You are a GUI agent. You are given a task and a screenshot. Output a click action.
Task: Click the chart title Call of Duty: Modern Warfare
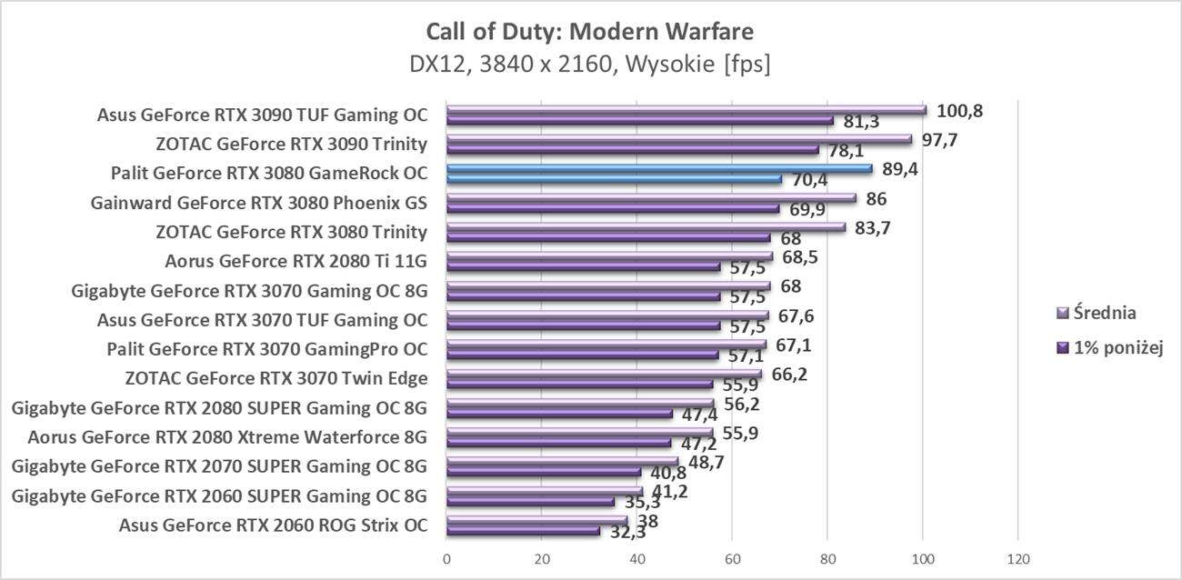(x=589, y=32)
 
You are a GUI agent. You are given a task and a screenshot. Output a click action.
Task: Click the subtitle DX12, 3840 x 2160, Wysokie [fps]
(x=589, y=65)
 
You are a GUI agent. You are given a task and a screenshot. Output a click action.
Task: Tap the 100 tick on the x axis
(x=923, y=557)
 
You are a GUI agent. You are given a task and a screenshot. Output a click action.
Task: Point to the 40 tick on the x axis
(x=637, y=557)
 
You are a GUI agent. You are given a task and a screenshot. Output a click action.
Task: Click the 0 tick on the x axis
(x=446, y=557)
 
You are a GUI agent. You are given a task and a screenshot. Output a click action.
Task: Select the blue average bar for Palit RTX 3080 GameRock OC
(x=659, y=168)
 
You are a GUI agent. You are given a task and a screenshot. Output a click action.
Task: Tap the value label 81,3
(x=860, y=122)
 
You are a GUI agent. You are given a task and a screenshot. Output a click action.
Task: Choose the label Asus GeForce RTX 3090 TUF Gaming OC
(x=262, y=115)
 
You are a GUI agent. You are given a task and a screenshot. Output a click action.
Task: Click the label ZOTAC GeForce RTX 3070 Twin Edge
(x=275, y=379)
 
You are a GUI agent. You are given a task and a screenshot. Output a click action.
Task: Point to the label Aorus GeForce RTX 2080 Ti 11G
(x=295, y=262)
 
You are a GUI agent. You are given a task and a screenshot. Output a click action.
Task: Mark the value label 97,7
(x=941, y=140)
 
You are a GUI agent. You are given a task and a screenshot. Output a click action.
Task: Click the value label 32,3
(x=626, y=532)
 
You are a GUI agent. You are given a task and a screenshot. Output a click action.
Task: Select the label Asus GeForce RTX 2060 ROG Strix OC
(x=273, y=525)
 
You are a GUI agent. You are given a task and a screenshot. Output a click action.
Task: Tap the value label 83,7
(x=870, y=228)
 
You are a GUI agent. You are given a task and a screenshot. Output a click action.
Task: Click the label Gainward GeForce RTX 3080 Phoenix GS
(x=259, y=203)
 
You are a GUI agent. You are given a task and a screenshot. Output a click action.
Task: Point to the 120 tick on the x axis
(x=1018, y=557)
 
